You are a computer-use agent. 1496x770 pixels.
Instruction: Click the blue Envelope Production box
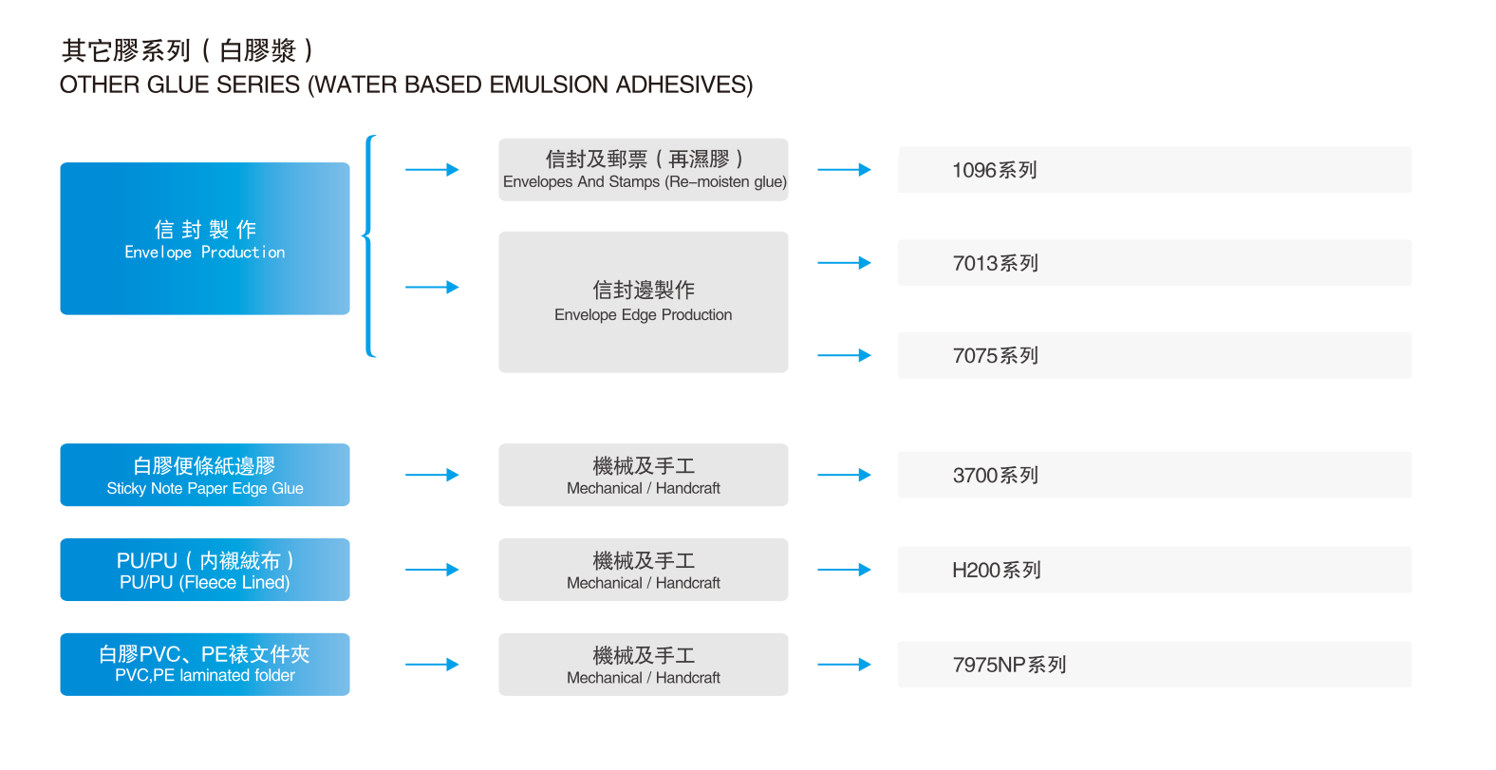[205, 238]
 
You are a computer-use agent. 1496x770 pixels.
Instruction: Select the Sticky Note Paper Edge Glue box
[205, 475]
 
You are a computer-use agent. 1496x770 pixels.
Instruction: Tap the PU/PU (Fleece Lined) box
[205, 570]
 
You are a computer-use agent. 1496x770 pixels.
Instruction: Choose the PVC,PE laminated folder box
[205, 665]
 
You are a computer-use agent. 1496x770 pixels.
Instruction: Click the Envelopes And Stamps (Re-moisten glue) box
[644, 170]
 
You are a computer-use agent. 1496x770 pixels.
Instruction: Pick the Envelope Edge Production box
[644, 302]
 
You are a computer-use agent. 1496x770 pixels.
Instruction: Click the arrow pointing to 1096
[844, 170]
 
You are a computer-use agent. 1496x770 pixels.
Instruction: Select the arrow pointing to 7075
[844, 355]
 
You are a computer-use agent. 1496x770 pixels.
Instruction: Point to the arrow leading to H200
[844, 570]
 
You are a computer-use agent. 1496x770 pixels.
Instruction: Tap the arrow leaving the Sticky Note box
[432, 475]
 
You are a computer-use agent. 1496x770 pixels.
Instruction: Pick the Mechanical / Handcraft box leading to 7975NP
[644, 665]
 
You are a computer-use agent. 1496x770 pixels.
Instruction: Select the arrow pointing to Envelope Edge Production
[432, 287]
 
